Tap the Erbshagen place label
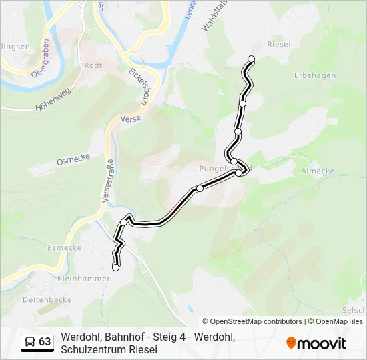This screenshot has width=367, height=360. point(315,75)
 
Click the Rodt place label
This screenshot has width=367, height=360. point(93,65)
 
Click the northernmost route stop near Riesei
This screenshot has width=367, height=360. point(252,59)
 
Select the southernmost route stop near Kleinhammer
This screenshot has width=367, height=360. point(116,267)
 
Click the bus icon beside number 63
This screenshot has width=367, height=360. point(30,342)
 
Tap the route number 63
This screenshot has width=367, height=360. point(45,342)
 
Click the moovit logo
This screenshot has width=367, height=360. point(316,343)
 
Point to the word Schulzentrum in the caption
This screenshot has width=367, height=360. point(89,349)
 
